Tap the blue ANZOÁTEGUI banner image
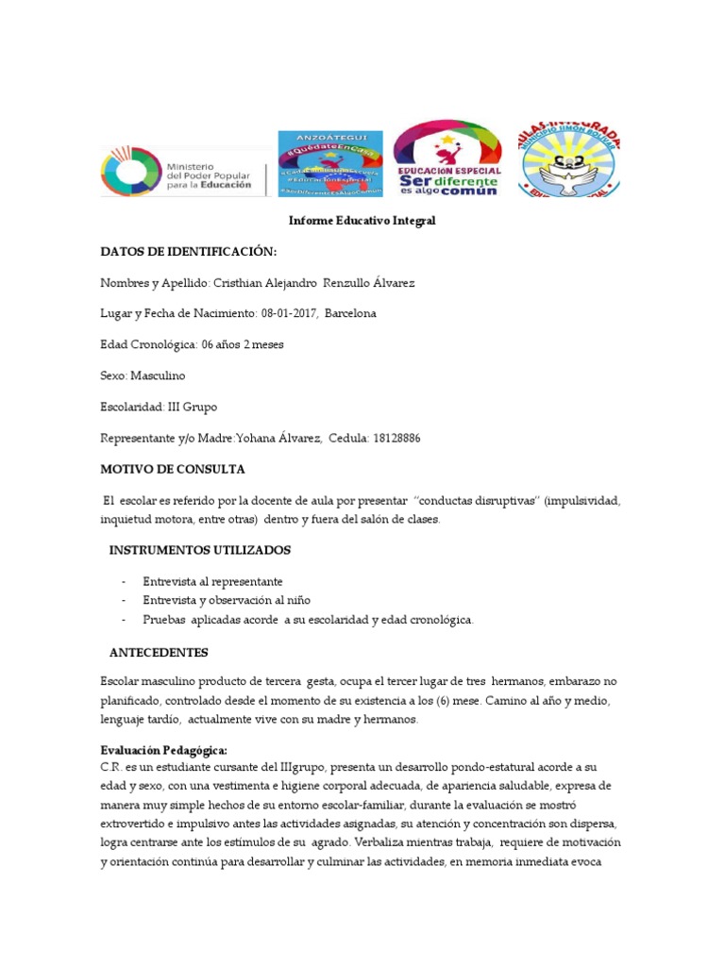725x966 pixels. coord(329,164)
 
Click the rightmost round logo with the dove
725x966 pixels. coord(578,162)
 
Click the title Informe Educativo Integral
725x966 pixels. coord(362,221)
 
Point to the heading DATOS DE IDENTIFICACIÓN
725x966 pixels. coord(189,252)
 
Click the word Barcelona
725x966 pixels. coord(350,313)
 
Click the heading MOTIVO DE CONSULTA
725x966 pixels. coord(173,469)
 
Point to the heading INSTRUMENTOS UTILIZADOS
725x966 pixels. coord(200,550)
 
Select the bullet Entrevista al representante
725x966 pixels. coord(212,581)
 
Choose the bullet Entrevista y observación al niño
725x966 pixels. coord(227,600)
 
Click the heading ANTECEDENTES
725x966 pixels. coord(159,652)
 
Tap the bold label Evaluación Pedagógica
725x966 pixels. coord(163,749)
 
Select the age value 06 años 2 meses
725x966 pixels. coord(243,344)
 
